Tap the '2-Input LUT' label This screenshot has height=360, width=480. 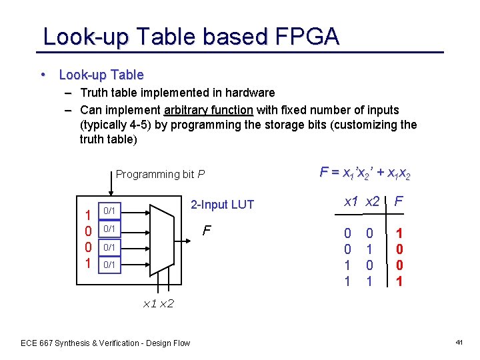[x=222, y=205]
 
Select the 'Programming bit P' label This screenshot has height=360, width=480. [x=160, y=175]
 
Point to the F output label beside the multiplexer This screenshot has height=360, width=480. [x=207, y=231]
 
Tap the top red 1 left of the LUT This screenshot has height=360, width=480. [x=87, y=215]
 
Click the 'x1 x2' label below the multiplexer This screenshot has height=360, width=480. [x=159, y=304]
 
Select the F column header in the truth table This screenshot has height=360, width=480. [x=399, y=201]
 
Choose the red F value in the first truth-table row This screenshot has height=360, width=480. [x=399, y=234]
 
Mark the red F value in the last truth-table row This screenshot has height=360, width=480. [x=399, y=281]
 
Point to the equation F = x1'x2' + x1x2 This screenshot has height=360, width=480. [x=365, y=173]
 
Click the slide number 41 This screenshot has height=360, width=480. [x=459, y=343]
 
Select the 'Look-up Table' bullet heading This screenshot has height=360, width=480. [x=101, y=75]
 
